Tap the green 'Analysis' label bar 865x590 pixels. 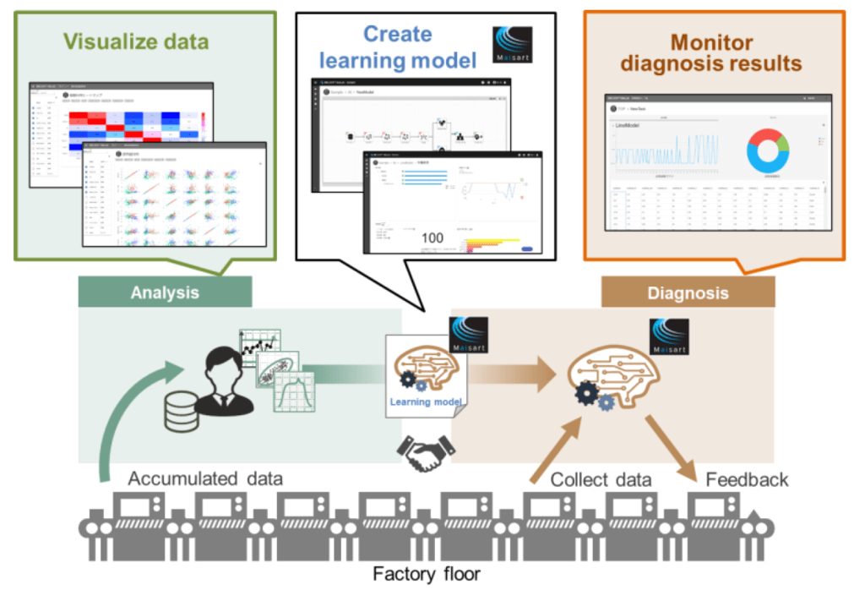pos(165,292)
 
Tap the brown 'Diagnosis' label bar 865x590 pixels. pos(687,292)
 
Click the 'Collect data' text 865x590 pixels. pos(601,479)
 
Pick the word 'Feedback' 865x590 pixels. pos(747,479)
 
